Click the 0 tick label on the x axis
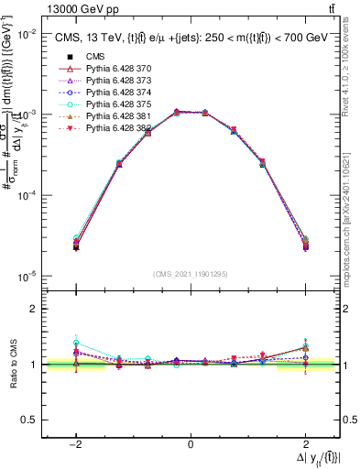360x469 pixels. coord(191,443)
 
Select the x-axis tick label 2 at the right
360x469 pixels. coord(305,443)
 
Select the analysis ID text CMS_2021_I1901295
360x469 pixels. coord(190,274)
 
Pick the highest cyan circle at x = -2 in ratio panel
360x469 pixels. coord(76,342)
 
